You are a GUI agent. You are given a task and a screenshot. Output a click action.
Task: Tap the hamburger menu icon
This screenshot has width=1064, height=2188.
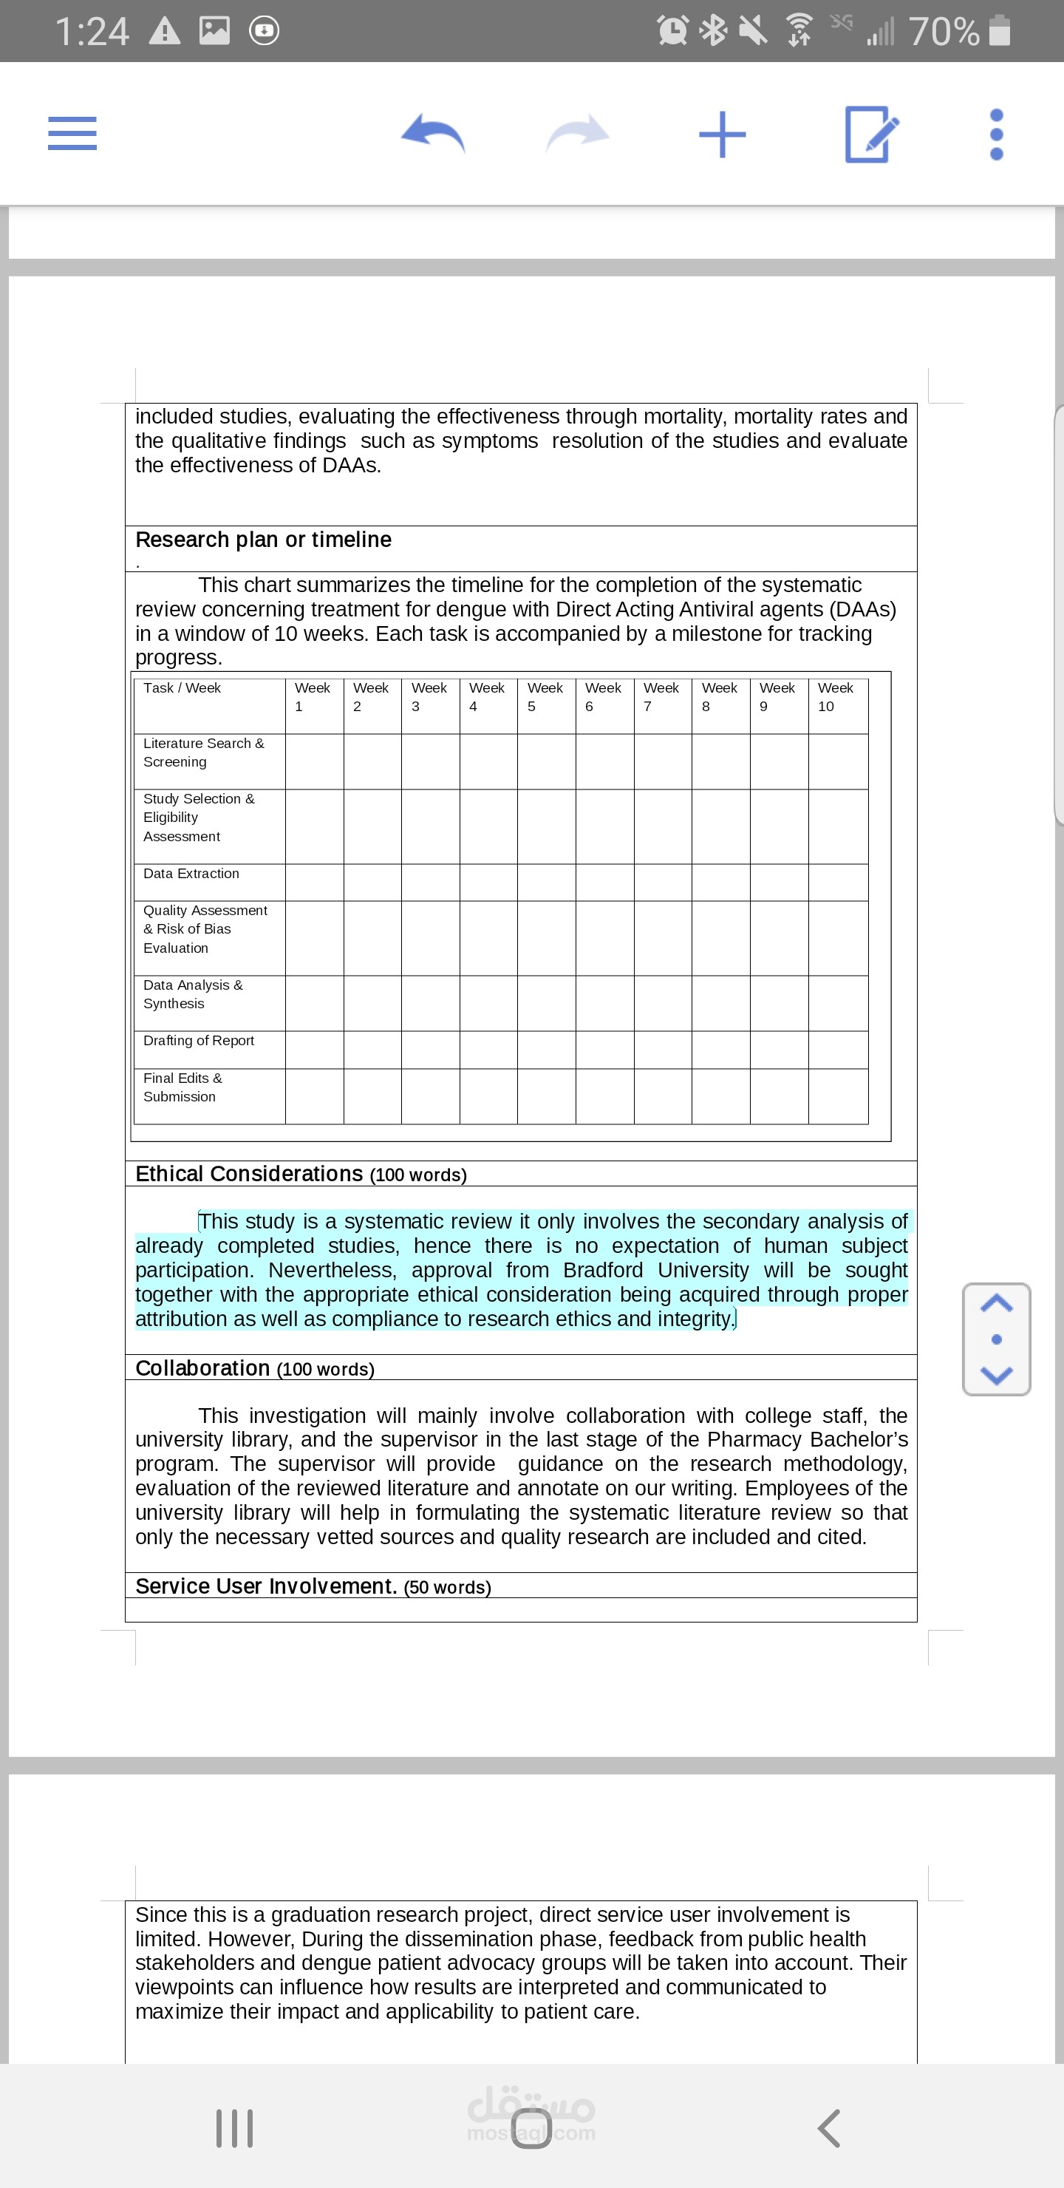click(72, 133)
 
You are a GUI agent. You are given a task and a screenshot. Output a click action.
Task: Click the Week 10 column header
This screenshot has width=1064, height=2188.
click(836, 697)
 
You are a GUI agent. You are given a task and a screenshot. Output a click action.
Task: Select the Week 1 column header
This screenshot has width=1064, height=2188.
click(313, 697)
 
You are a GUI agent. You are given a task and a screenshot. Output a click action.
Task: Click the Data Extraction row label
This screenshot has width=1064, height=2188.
click(192, 874)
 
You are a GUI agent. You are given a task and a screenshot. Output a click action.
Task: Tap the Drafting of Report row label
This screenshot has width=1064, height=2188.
click(199, 1042)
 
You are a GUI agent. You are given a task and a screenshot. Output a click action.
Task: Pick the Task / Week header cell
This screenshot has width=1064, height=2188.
click(183, 689)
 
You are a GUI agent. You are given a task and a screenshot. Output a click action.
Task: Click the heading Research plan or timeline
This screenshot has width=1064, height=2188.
click(264, 540)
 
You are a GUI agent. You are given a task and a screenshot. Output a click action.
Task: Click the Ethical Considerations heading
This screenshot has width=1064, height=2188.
click(250, 1175)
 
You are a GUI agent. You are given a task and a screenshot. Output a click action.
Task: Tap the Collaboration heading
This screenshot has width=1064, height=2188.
click(204, 1369)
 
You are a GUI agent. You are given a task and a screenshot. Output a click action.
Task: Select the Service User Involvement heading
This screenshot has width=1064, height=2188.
click(267, 1586)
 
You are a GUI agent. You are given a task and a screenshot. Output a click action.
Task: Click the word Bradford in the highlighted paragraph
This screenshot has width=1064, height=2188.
click(603, 1271)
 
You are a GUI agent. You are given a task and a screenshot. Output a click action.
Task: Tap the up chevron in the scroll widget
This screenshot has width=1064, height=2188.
click(996, 1304)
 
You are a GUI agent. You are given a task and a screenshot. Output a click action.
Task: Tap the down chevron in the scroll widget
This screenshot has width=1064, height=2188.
click(996, 1375)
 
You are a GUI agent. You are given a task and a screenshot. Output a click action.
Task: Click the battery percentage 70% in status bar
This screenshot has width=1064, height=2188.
click(944, 33)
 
